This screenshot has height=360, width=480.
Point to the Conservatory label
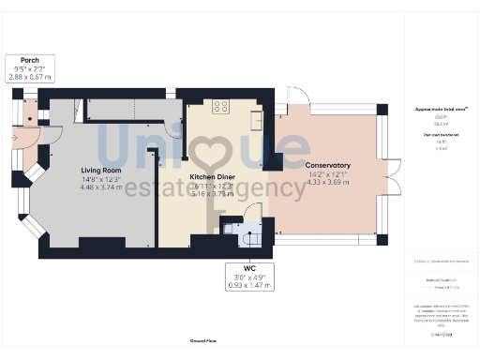point(328,165)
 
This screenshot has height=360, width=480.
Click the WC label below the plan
point(248,269)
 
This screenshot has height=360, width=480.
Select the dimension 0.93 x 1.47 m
point(248,285)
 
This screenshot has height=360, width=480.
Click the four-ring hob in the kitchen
point(222,106)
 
